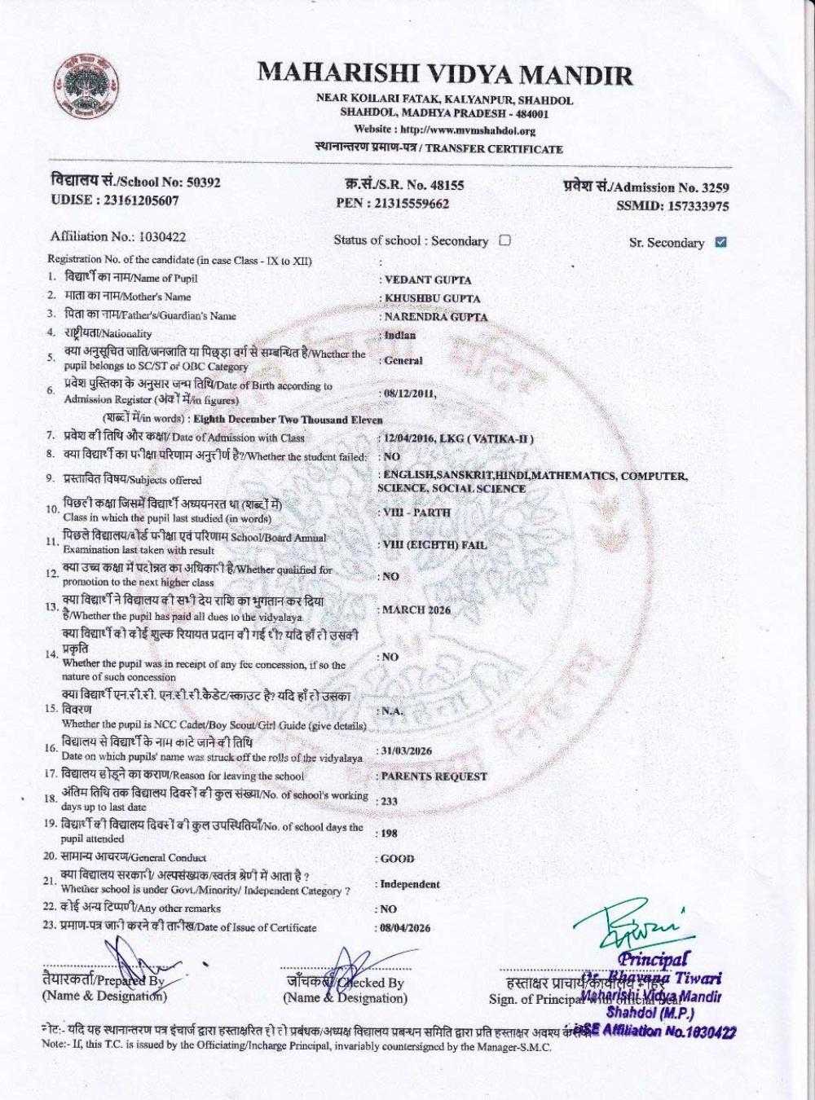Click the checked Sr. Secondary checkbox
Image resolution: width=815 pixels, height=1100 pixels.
pyautogui.click(x=720, y=242)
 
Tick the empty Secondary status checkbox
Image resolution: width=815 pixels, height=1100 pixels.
pyautogui.click(x=504, y=240)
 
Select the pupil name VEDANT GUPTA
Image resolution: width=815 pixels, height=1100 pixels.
pyautogui.click(x=428, y=279)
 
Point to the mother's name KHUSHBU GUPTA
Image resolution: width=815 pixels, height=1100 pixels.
pyautogui.click(x=432, y=298)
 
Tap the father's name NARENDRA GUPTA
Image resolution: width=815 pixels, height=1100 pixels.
pyautogui.click(x=436, y=317)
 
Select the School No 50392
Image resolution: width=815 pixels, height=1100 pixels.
pyautogui.click(x=199, y=183)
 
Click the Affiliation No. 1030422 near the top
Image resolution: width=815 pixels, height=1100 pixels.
pyautogui.click(x=162, y=237)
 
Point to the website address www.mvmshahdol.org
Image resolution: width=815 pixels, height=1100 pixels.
pyautogui.click(x=469, y=130)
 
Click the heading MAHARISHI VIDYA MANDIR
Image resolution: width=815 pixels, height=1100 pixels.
pyautogui.click(x=445, y=76)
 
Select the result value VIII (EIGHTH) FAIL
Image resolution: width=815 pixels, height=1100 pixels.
pyautogui.click(x=434, y=545)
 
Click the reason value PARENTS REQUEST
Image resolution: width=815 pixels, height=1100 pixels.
pyautogui.click(x=434, y=777)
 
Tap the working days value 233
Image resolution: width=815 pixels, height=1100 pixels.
pyautogui.click(x=389, y=802)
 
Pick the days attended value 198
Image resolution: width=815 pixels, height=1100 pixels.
pyautogui.click(x=389, y=834)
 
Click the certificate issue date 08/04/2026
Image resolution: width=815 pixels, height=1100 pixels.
pyautogui.click(x=405, y=928)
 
